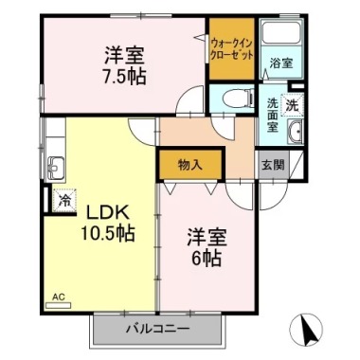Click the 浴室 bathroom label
point(279,64)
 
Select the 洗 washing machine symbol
point(293,103)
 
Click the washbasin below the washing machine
point(294,132)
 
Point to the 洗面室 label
point(273,115)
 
